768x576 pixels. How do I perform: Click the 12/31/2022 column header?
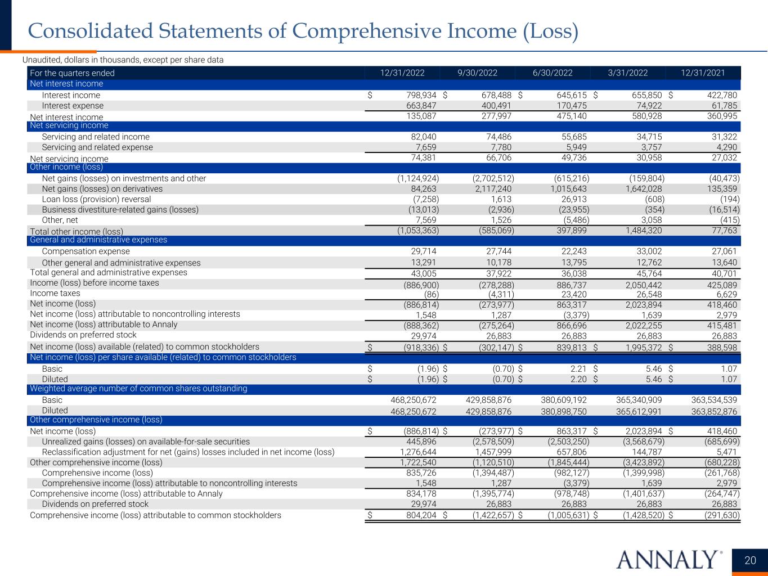point(402,73)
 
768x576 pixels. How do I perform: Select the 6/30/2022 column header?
point(553,73)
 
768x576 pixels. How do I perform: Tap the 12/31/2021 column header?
point(703,73)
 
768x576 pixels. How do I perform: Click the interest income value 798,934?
point(417,95)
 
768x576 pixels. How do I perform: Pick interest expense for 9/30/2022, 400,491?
point(493,106)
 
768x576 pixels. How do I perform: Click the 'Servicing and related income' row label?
point(96,137)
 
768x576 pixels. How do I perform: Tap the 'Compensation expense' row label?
point(86,251)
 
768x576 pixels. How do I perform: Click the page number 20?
point(751,560)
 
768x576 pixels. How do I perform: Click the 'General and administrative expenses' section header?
point(98,240)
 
